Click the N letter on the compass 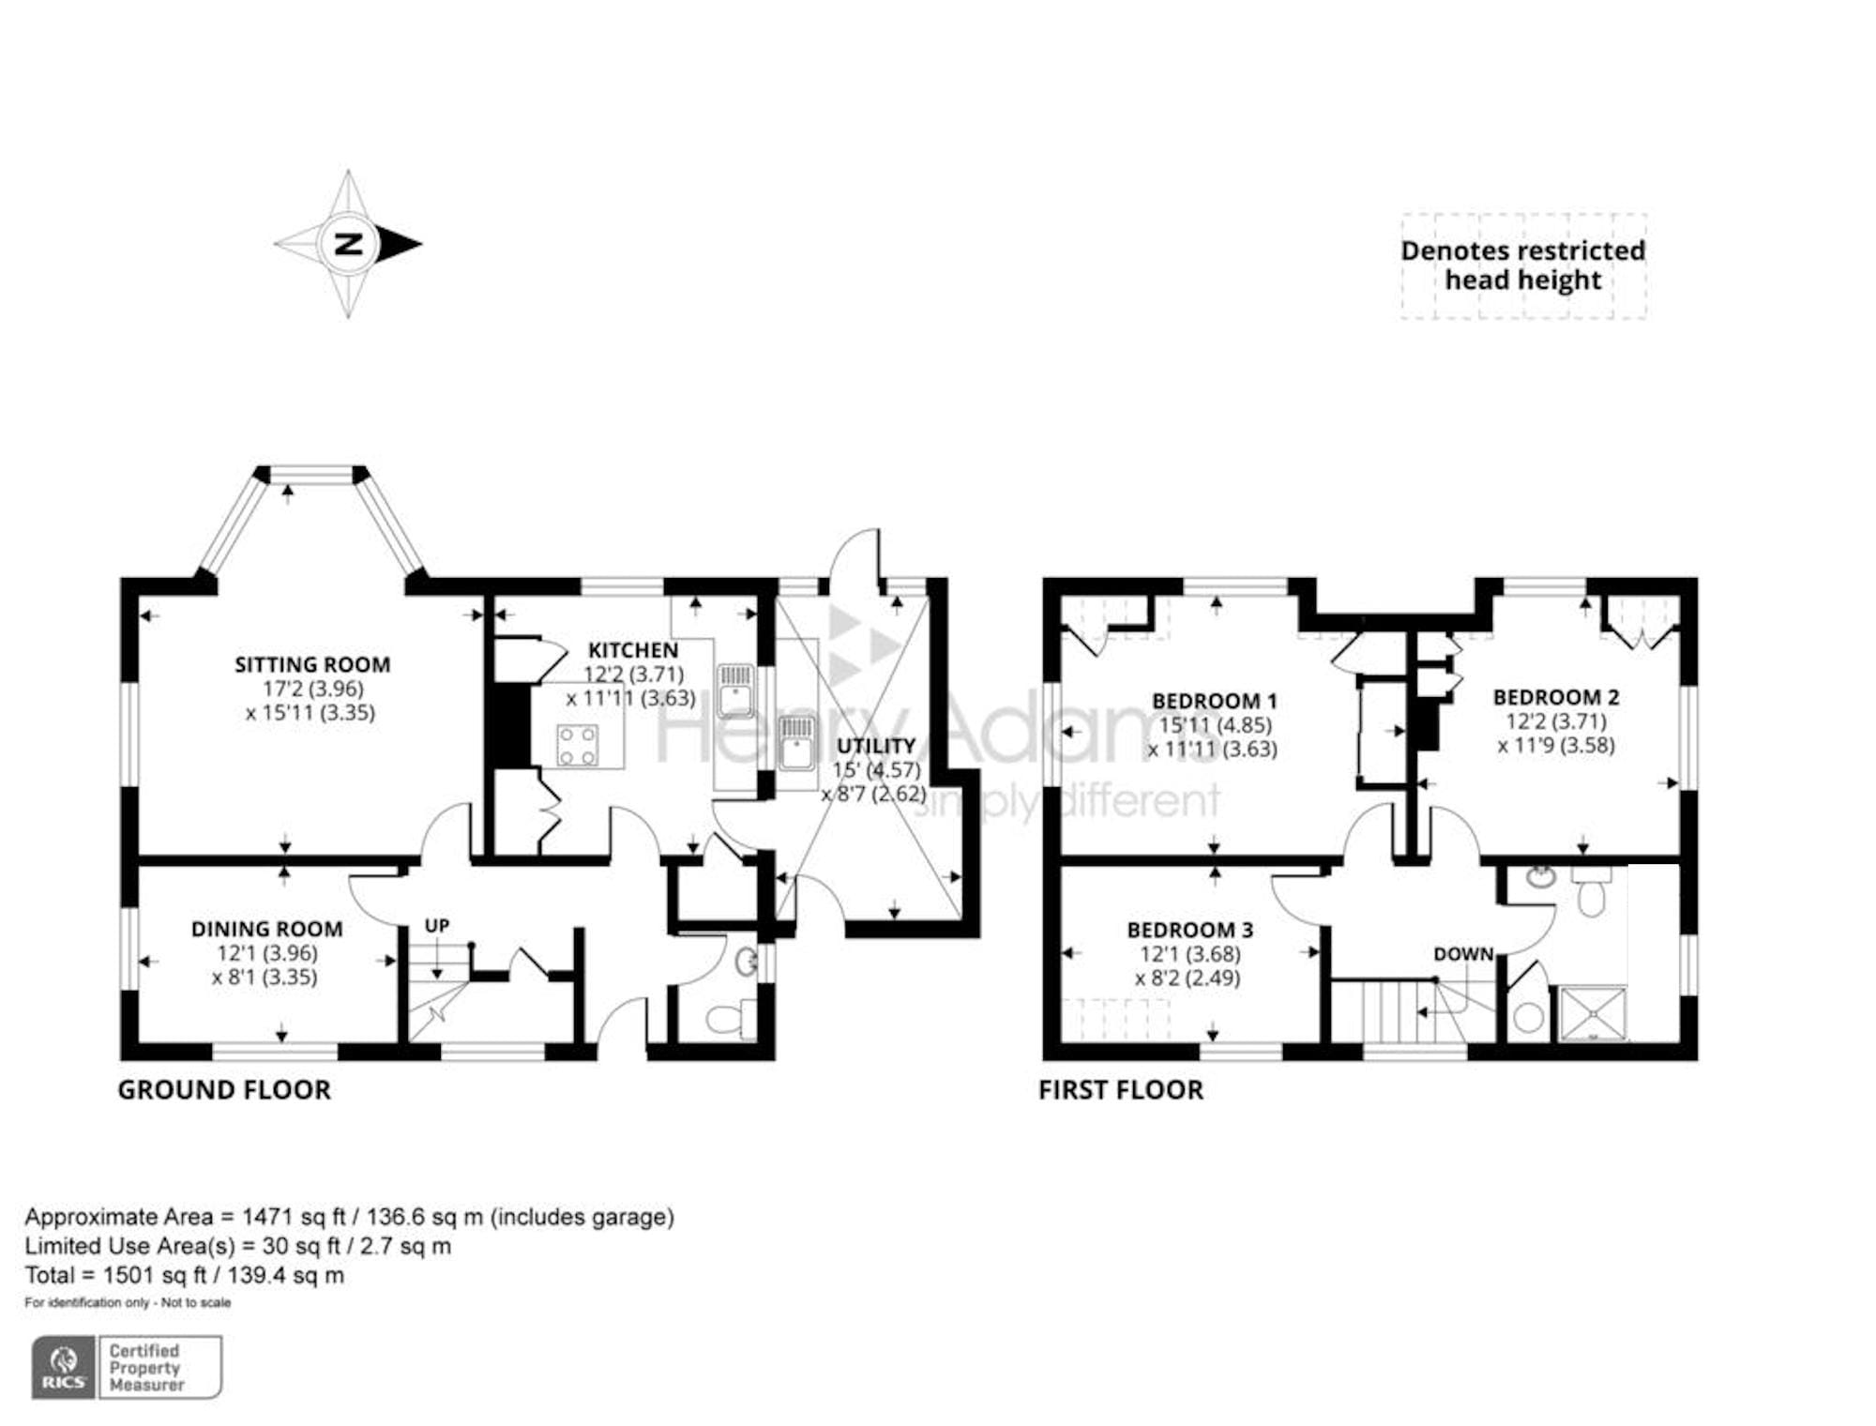[349, 244]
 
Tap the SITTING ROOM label [311, 665]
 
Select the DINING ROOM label [266, 930]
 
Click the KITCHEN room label [632, 650]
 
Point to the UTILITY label [876, 746]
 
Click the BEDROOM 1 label [1214, 701]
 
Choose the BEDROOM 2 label [1555, 697]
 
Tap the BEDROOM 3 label [1189, 930]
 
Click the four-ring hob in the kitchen [577, 746]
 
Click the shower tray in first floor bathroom [1593, 1013]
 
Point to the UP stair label [437, 926]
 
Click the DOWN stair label [1462, 954]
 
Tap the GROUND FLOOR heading [224, 1090]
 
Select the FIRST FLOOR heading [1120, 1090]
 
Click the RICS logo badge [64, 1368]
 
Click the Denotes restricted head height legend [1522, 265]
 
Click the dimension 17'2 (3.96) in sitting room [312, 689]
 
